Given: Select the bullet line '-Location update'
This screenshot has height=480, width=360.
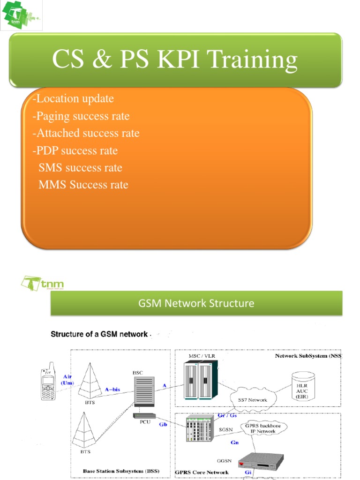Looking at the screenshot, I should pyautogui.click(x=74, y=99).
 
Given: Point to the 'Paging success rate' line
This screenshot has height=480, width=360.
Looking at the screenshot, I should pyautogui.click(x=81, y=116).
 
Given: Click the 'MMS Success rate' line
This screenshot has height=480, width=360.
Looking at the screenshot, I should pyautogui.click(x=83, y=185).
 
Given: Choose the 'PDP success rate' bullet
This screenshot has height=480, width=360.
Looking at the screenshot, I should pyautogui.click(x=75, y=150).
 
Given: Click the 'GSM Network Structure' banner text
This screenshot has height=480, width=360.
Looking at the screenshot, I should pyautogui.click(x=196, y=303).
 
